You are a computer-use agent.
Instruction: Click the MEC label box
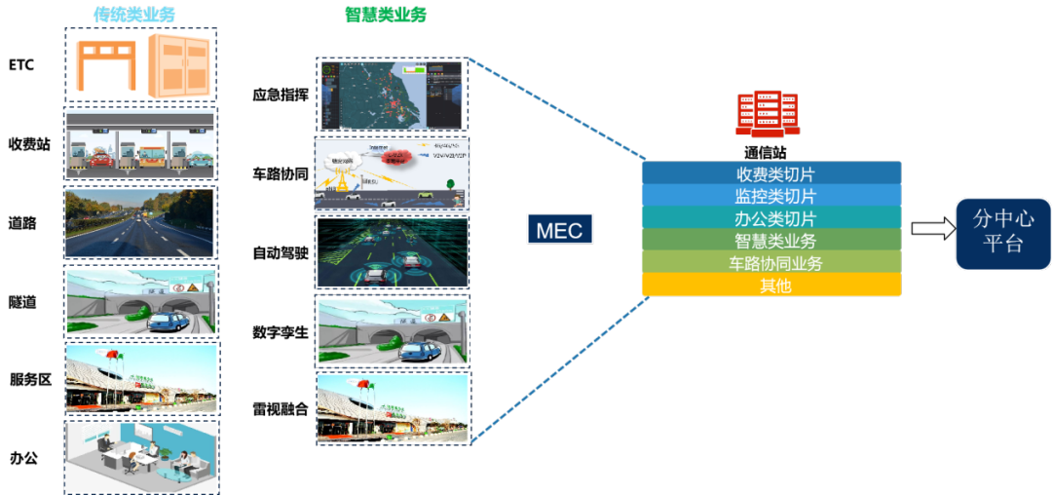[x=559, y=230]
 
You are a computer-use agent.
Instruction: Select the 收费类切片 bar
[x=771, y=173]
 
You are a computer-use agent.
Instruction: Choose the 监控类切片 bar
[x=771, y=196]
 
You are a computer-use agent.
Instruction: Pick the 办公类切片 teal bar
[x=771, y=218]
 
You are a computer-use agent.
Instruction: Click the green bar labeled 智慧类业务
[x=771, y=241]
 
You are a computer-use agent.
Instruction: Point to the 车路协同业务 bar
[x=771, y=263]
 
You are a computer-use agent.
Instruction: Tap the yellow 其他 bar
[x=771, y=286]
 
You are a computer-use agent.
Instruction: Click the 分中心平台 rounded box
[x=1002, y=231]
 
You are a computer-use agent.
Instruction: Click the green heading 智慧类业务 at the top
[x=386, y=15]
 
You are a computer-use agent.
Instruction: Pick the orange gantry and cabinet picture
[x=140, y=65]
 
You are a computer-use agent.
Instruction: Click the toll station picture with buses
[x=140, y=142]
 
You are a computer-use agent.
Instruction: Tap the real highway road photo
[x=140, y=222]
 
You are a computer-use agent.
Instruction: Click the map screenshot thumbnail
[x=392, y=95]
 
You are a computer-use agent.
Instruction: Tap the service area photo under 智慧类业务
[x=393, y=409]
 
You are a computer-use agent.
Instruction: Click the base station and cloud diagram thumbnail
[x=392, y=174]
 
